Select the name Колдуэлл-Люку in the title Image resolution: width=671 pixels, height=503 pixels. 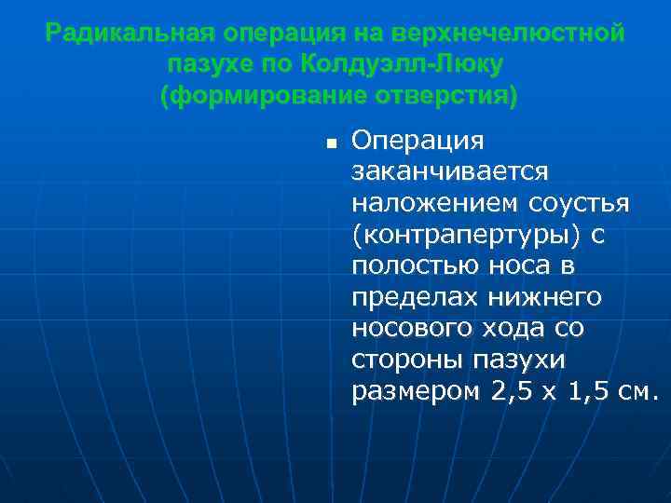click(x=402, y=65)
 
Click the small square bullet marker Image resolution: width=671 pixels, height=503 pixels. click(x=330, y=144)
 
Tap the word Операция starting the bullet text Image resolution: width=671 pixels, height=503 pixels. click(x=418, y=141)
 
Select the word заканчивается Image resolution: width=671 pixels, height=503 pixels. click(x=451, y=172)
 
